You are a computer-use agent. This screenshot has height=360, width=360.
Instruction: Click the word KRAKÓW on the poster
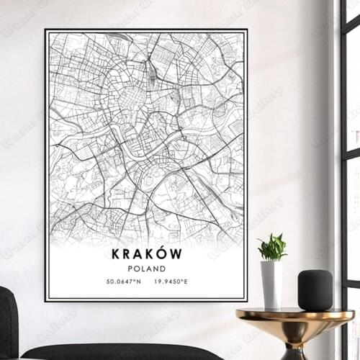point(146,253)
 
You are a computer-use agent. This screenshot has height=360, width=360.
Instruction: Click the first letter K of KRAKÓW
point(116,253)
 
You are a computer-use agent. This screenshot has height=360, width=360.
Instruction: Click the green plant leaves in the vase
point(272,248)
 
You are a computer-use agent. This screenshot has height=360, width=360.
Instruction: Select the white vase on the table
point(271,284)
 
